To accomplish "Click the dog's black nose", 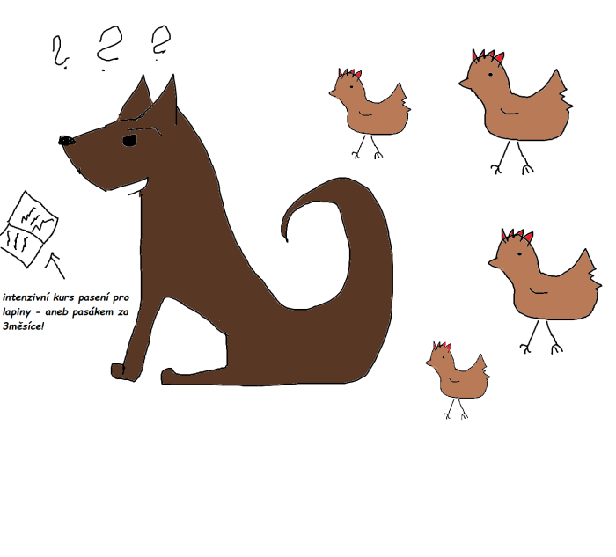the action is click(66, 140).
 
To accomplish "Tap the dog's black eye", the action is click(129, 140).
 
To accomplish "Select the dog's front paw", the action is click(122, 371).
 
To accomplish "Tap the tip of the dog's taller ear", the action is click(173, 76).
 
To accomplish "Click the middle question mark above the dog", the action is click(109, 48).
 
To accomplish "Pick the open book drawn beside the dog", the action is click(28, 229).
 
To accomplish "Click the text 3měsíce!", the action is click(24, 326).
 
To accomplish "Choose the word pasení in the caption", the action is click(93, 297).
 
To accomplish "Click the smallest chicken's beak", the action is click(429, 363).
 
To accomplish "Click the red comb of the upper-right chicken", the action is click(488, 55).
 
